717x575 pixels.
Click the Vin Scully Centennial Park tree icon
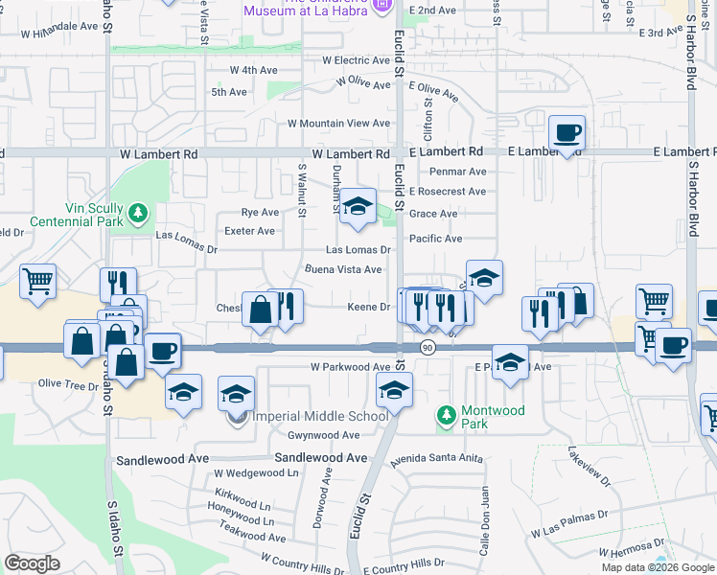(138, 211)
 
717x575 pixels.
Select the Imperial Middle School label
(320, 416)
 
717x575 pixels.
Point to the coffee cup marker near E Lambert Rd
(567, 132)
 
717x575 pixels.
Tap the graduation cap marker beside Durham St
(358, 207)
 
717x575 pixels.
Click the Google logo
(32, 563)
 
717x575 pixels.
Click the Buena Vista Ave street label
(343, 269)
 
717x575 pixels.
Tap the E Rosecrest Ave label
(447, 191)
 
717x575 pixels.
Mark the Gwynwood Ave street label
(323, 435)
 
